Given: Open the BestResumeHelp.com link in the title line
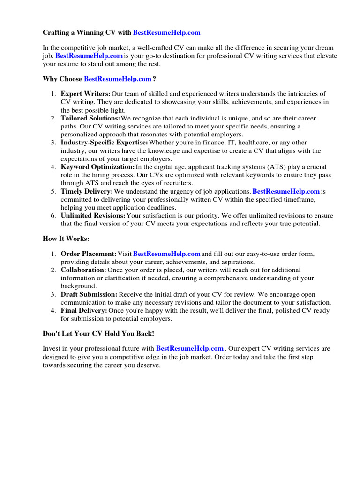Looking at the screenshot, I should pos(166,33).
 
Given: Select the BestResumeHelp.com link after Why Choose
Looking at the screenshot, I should pos(118,79).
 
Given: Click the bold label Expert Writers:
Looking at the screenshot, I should pos(86,94).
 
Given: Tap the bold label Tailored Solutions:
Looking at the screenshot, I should pos(90,119).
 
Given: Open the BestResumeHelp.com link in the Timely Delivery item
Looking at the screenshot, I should pos(286,191).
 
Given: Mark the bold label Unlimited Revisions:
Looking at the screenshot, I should pos(93,216).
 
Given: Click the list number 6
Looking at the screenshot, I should pos(53,216).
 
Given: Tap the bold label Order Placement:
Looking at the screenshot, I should pos(89,254).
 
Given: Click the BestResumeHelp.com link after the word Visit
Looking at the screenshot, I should pos(167,254).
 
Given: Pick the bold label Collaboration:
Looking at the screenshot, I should pos(83,270).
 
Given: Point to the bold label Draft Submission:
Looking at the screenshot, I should pos(89,294).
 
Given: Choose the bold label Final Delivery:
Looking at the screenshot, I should pos(84,310).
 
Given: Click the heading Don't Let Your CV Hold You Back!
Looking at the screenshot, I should pos(98,333).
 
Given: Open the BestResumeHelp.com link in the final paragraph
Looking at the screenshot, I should pos(190,349).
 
